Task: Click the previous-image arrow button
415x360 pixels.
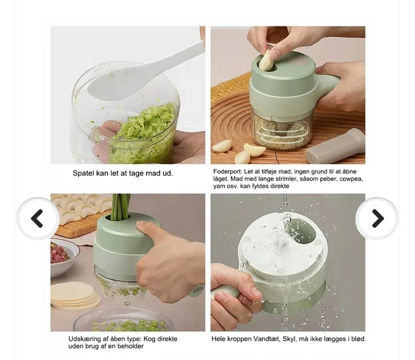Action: (38, 219)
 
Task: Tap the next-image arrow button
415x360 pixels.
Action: (377, 219)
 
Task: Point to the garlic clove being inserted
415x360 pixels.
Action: (266, 61)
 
